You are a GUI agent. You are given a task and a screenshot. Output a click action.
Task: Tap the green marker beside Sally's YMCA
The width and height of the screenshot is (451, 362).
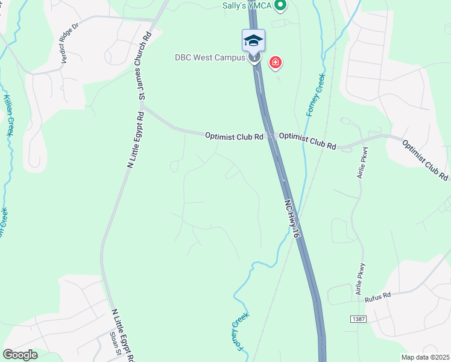[280, 6]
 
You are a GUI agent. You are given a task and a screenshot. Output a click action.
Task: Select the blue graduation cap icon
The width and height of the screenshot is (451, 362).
[253, 40]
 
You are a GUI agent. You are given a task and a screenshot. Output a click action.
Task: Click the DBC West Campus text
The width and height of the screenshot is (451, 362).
[210, 57]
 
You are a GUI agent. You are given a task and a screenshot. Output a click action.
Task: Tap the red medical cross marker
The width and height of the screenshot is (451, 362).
[276, 62]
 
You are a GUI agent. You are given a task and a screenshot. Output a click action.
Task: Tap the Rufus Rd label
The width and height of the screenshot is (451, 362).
[378, 296]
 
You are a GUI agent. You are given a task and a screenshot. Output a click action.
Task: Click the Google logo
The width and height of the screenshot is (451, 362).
[20, 354]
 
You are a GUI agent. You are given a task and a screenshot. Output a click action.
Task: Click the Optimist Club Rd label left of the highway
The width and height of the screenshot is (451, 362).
[234, 137]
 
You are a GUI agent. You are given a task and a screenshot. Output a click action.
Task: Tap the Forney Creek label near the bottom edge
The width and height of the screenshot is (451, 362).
[244, 332]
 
